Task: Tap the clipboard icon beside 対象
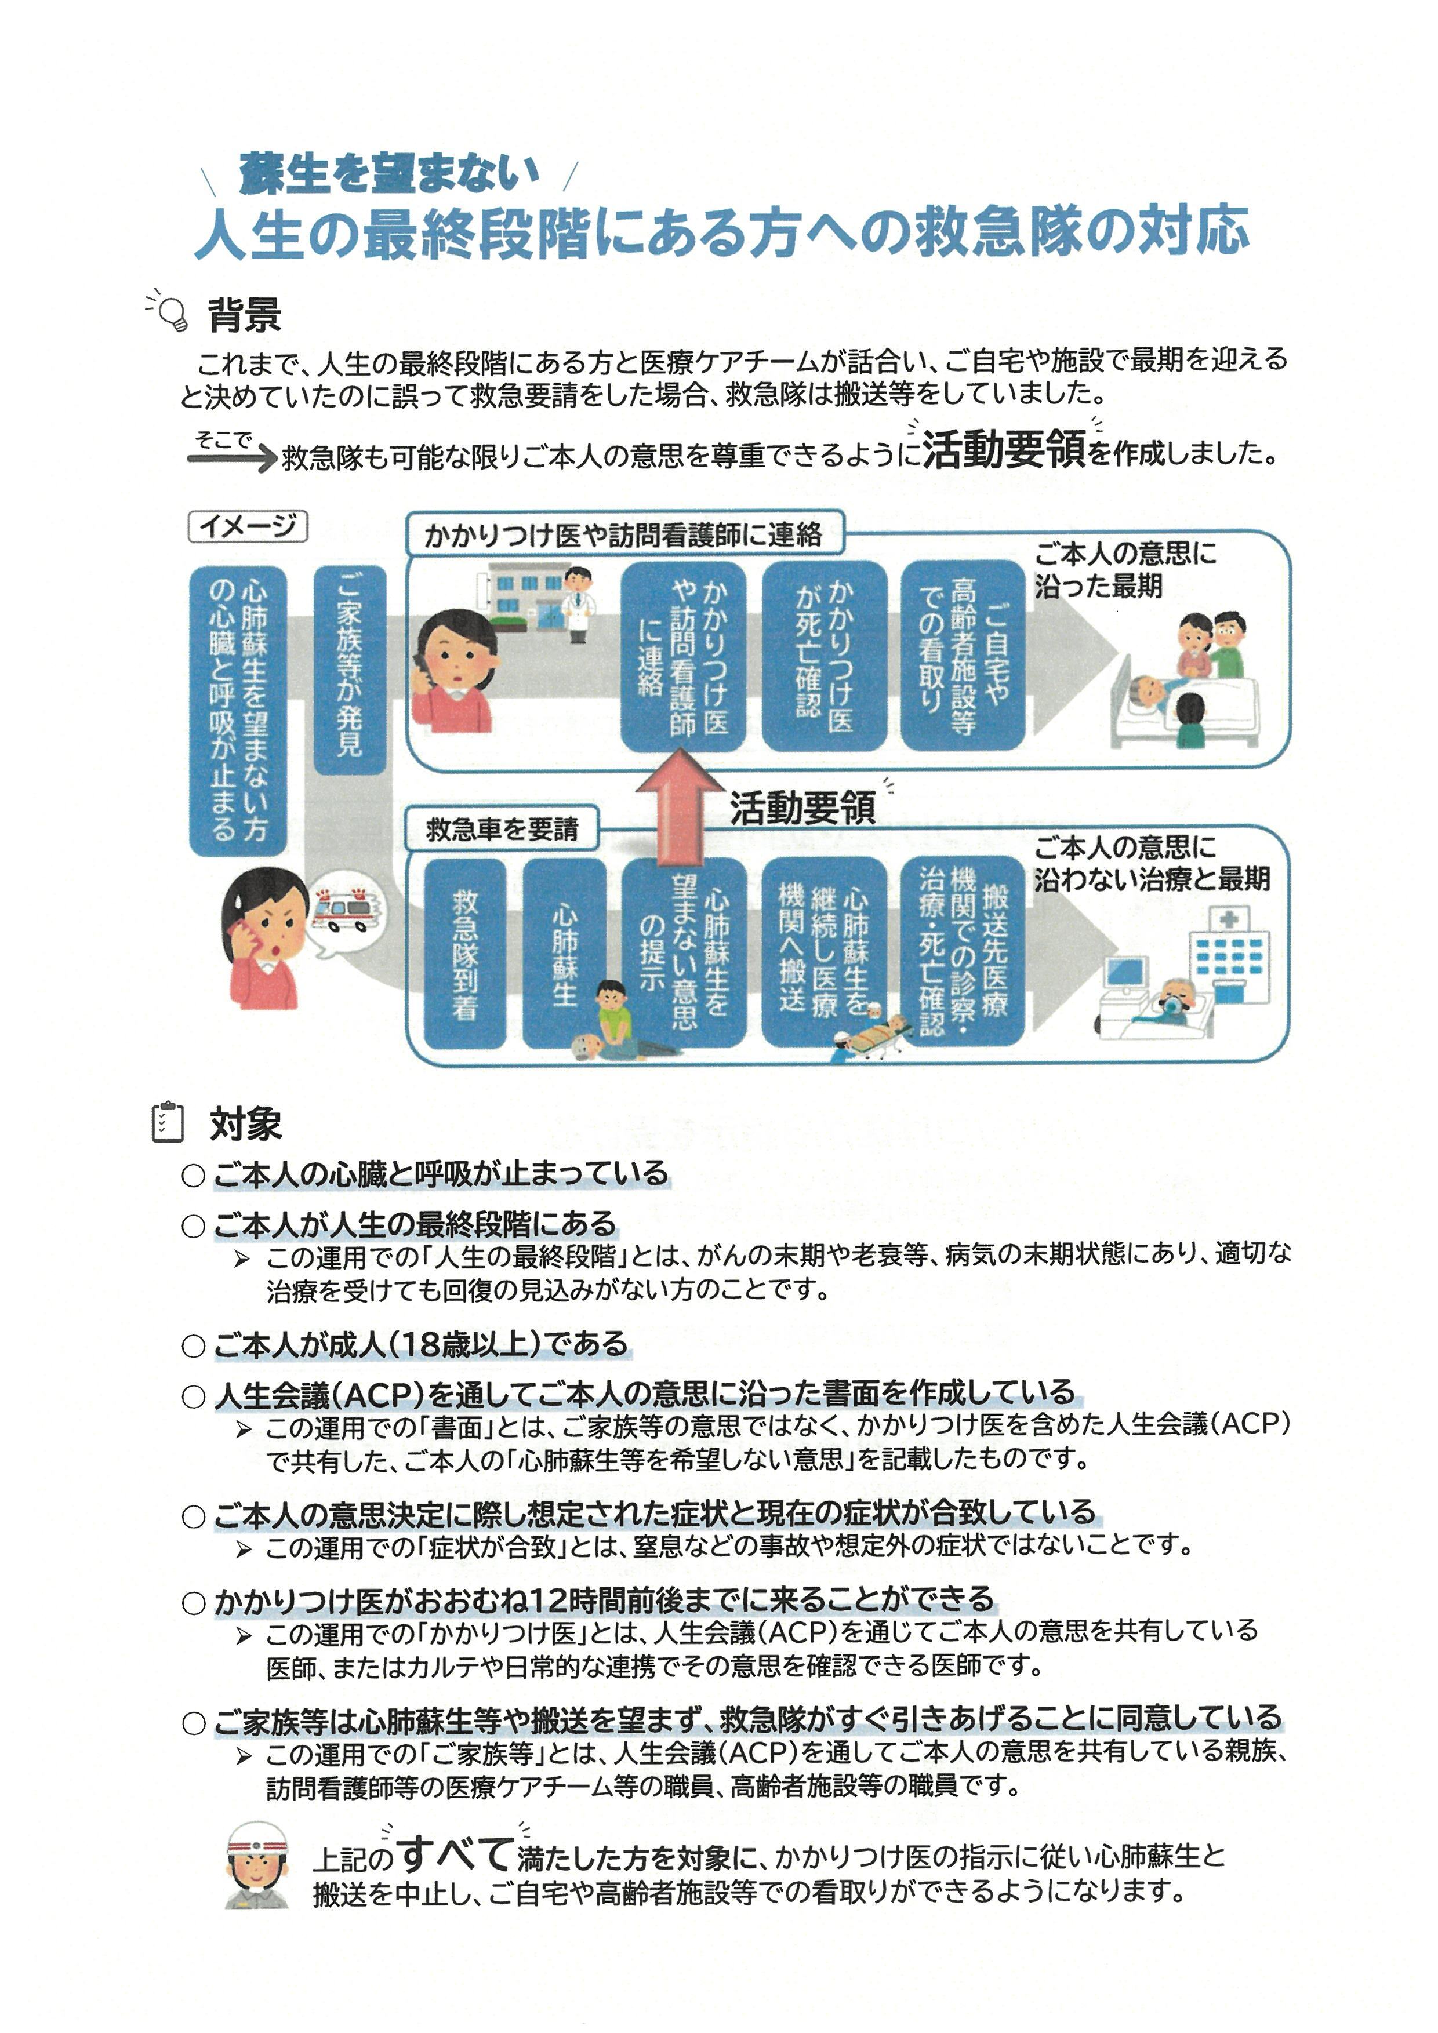click(168, 1123)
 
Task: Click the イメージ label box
click(248, 526)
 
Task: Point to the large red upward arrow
click(680, 806)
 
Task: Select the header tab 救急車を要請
click(502, 829)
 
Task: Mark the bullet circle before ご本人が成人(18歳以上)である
click(193, 1347)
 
